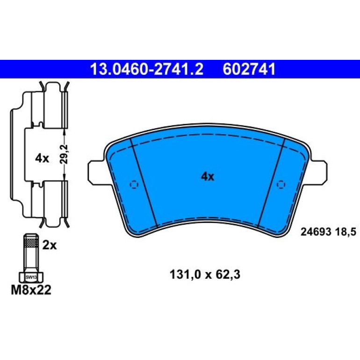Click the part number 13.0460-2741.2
pos(146,69)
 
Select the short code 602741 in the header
pos(249,69)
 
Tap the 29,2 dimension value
pos(64,154)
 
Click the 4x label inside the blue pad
pos(207,177)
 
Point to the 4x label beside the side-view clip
pos(42,158)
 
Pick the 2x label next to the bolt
pos(50,245)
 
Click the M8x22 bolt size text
pos(31,290)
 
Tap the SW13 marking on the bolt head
pos(31,277)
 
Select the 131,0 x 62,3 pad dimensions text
pos(205,274)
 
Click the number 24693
pos(316,232)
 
